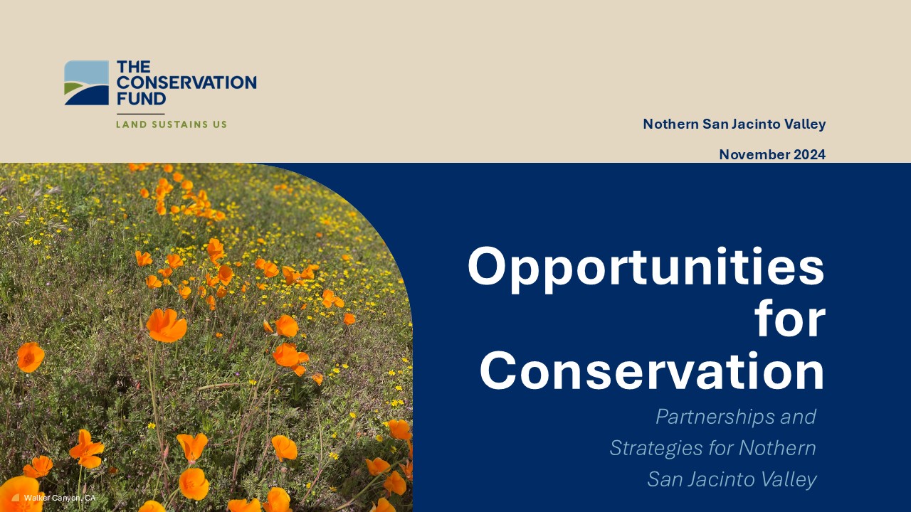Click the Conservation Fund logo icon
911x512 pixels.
(x=87, y=83)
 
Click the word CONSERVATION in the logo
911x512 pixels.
(x=186, y=82)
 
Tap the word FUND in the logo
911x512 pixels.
(x=141, y=99)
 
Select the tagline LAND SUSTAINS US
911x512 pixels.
(x=172, y=124)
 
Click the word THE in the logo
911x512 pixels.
(x=133, y=67)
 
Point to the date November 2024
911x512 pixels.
(x=772, y=154)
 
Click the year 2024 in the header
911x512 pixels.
(x=810, y=154)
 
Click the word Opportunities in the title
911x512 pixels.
(x=646, y=269)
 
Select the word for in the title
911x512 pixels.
(x=790, y=319)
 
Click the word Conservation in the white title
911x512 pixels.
(x=653, y=371)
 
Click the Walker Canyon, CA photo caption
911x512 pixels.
(x=60, y=498)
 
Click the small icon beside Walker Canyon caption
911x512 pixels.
(x=16, y=498)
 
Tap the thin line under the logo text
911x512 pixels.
(x=141, y=114)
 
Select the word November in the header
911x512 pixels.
(x=754, y=154)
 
